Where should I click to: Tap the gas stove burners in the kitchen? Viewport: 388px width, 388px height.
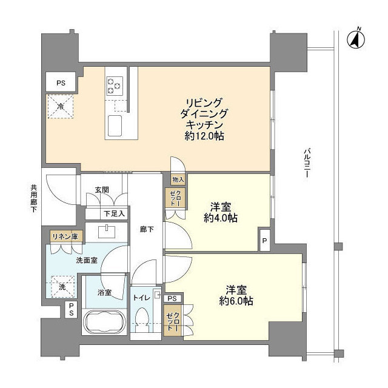(113, 85)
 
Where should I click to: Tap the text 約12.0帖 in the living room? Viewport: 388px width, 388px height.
(204, 137)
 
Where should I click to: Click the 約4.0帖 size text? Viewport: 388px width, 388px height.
(221, 218)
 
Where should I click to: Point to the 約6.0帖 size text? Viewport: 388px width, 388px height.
(233, 301)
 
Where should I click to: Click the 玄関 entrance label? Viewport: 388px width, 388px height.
(101, 190)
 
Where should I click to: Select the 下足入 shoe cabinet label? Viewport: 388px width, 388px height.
(113, 213)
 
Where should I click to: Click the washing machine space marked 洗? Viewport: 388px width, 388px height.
(60, 287)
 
